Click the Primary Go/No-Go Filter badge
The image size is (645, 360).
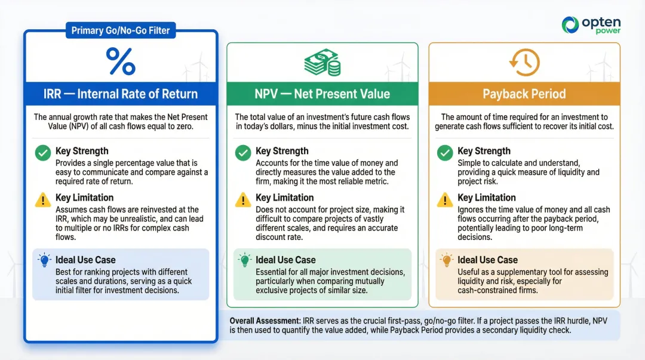[x=120, y=30]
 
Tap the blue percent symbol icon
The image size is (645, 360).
[x=120, y=61]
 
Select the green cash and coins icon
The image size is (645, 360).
[x=322, y=63]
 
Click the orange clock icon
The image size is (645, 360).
[x=524, y=63]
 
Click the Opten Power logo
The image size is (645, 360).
[x=592, y=24]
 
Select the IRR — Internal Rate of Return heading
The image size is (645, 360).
[x=120, y=94]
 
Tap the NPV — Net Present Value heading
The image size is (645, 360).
[x=322, y=94]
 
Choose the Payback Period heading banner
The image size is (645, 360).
[x=524, y=94]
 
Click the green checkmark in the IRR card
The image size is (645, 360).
[x=43, y=153]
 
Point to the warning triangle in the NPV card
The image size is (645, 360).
[x=243, y=199]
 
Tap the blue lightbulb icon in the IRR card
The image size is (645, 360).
[x=43, y=260]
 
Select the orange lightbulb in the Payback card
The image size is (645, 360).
[x=446, y=260]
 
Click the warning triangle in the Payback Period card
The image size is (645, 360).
[x=445, y=199]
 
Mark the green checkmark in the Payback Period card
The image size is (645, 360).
[x=445, y=153]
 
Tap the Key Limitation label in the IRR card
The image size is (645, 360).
[x=84, y=198]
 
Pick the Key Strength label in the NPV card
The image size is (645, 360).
[x=282, y=151]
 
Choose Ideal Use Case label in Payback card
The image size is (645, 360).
[x=487, y=260]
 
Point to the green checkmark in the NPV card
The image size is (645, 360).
[x=243, y=153]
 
